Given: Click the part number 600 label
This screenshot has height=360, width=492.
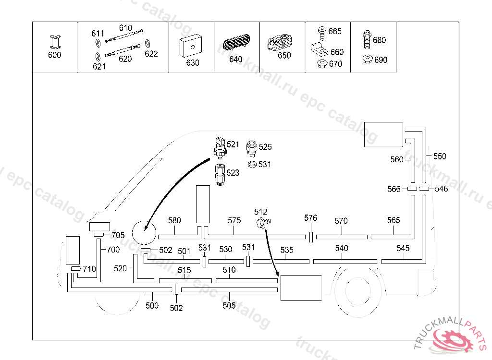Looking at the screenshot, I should [x=55, y=55].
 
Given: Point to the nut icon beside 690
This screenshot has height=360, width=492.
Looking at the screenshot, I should [x=368, y=60].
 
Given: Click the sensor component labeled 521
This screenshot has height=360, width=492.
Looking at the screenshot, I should [x=220, y=147].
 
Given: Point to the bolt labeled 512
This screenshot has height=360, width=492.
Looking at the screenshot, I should [x=262, y=222].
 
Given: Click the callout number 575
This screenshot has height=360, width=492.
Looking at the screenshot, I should [x=234, y=220].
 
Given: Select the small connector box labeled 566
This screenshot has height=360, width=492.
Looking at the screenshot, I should [x=412, y=189].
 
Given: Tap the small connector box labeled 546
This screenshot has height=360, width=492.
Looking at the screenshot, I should [x=424, y=189].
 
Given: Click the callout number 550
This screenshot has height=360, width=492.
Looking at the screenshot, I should [x=439, y=156].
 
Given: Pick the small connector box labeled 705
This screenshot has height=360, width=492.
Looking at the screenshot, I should [x=99, y=235].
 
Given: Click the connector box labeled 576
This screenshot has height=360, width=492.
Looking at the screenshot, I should [x=311, y=237].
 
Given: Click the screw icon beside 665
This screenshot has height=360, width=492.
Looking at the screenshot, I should [x=322, y=32].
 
